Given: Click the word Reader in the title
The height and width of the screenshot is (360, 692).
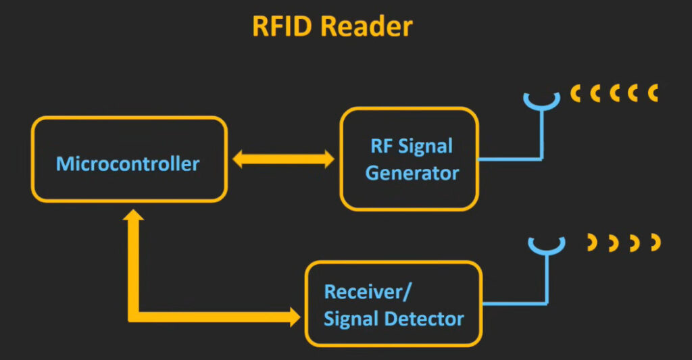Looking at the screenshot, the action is (x=367, y=26).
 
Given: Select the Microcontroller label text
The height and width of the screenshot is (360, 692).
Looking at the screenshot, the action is (x=128, y=163).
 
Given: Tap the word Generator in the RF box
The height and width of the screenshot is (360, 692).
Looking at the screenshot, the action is (x=412, y=173).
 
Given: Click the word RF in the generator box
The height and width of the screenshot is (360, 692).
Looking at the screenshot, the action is (x=382, y=146).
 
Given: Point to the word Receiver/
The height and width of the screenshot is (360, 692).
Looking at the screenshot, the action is (x=368, y=292).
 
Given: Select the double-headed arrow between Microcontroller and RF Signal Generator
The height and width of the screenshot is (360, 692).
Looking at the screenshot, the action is (x=283, y=159).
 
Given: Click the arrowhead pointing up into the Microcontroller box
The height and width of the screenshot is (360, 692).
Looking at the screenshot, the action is (x=133, y=215).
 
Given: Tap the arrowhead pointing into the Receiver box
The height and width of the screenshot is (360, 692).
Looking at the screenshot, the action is (x=295, y=317).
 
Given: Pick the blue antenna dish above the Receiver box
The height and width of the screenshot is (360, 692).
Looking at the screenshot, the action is (x=547, y=246).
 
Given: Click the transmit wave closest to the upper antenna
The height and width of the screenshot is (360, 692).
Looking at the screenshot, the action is (x=574, y=93).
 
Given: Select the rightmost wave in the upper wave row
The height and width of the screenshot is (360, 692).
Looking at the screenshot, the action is (x=653, y=93).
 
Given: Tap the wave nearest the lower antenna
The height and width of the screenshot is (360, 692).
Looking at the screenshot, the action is (x=593, y=243).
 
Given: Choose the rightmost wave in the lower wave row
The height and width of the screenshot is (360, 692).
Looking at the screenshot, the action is (x=656, y=242).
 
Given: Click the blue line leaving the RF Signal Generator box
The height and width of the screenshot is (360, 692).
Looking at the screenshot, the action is (x=510, y=159).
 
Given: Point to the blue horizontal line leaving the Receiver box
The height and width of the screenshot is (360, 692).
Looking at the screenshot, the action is (x=515, y=303).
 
